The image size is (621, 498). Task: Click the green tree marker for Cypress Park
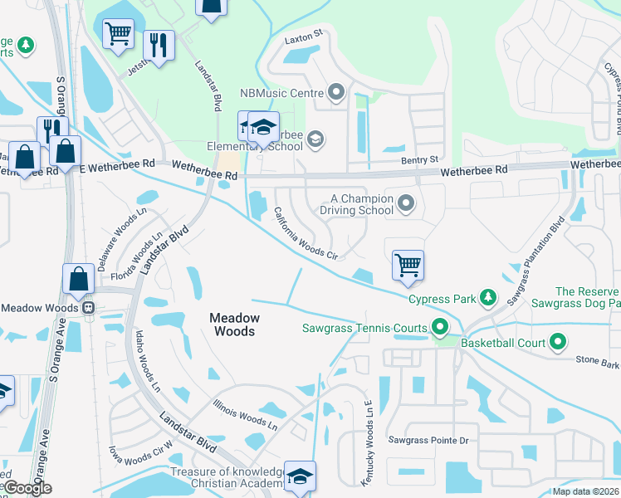click(488, 297)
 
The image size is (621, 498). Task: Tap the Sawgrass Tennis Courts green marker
click(441, 328)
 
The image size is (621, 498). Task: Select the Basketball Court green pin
click(558, 342)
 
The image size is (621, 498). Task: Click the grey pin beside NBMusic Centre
click(336, 93)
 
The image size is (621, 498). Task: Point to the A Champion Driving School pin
click(406, 203)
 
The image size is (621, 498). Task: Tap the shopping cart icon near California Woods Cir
click(408, 266)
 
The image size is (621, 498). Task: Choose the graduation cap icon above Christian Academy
click(300, 476)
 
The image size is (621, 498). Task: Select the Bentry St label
click(418, 159)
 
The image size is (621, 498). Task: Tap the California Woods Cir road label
click(306, 233)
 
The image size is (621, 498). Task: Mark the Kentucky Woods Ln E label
click(365, 453)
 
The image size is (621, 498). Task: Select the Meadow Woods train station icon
click(86, 307)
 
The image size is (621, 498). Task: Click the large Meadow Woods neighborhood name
click(234, 325)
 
